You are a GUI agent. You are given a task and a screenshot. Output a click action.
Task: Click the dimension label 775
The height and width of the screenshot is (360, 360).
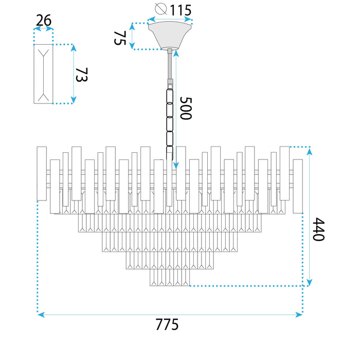coord(167,325)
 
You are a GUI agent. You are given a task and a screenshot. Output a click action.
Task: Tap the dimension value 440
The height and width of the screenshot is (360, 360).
coord(319,229)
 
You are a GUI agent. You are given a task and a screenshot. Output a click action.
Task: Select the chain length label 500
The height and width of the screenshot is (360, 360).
coord(186,108)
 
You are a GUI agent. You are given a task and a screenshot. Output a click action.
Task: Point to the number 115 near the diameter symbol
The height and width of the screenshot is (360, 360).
coord(181,10)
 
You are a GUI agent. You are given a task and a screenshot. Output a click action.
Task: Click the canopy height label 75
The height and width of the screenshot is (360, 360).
coord(120,38)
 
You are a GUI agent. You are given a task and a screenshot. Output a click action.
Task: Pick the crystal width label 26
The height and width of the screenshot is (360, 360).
coord(44,20)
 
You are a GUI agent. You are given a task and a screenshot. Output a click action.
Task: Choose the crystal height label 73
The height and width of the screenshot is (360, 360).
coord(82,75)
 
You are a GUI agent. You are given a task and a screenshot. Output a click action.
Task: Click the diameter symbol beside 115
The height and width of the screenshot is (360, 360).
coord(160,9)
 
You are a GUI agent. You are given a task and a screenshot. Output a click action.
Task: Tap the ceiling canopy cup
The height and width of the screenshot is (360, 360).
coord(170,35)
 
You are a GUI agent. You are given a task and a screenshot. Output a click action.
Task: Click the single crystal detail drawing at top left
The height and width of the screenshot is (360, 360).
coord(43,74)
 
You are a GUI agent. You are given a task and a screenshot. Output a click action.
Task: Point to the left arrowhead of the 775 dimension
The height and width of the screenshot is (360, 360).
coord(41,315)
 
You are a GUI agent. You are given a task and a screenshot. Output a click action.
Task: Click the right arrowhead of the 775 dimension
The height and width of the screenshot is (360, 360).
coord(299,315)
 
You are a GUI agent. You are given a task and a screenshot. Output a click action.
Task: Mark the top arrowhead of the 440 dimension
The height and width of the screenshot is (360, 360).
coord(310,152)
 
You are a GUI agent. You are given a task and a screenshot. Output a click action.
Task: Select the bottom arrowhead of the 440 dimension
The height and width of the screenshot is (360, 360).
coord(310,282)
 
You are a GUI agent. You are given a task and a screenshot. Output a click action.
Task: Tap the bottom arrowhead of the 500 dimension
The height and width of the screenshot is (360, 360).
coord(176,166)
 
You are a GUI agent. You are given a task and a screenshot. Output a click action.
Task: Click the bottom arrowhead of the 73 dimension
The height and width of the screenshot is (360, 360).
coord(74,100)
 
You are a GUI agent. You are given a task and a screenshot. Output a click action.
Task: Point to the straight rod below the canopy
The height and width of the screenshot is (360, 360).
coord(170,66)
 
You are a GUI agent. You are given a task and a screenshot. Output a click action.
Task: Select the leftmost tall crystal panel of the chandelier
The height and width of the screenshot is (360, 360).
coord(42,174)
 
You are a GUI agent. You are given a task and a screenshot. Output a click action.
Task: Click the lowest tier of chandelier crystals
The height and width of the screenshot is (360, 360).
coord(170,277)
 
